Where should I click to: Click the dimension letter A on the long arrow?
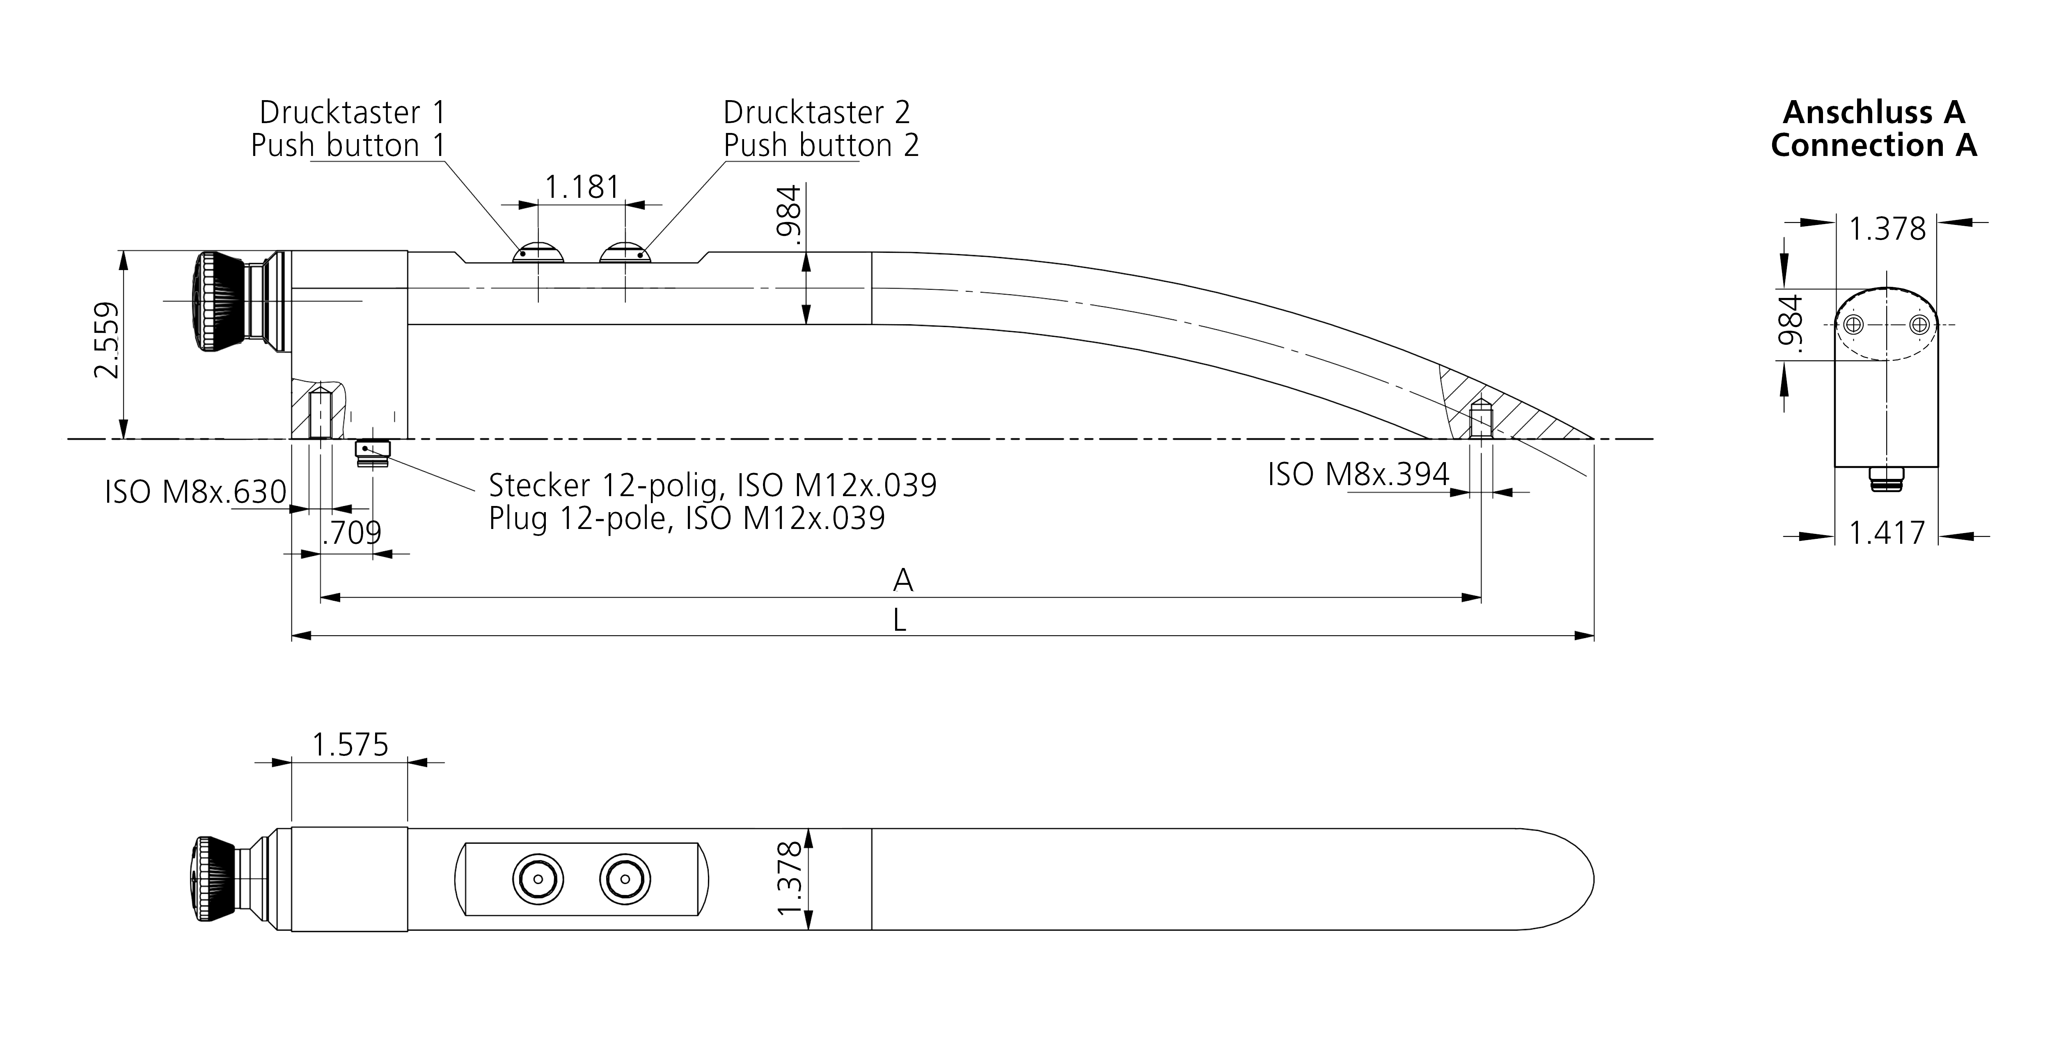902,581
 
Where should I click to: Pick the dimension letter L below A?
899,620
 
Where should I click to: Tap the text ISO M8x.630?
195,492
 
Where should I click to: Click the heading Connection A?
1873,146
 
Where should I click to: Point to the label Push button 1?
347,146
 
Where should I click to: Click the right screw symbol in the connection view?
1919,325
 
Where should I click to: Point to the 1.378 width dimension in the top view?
790,879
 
